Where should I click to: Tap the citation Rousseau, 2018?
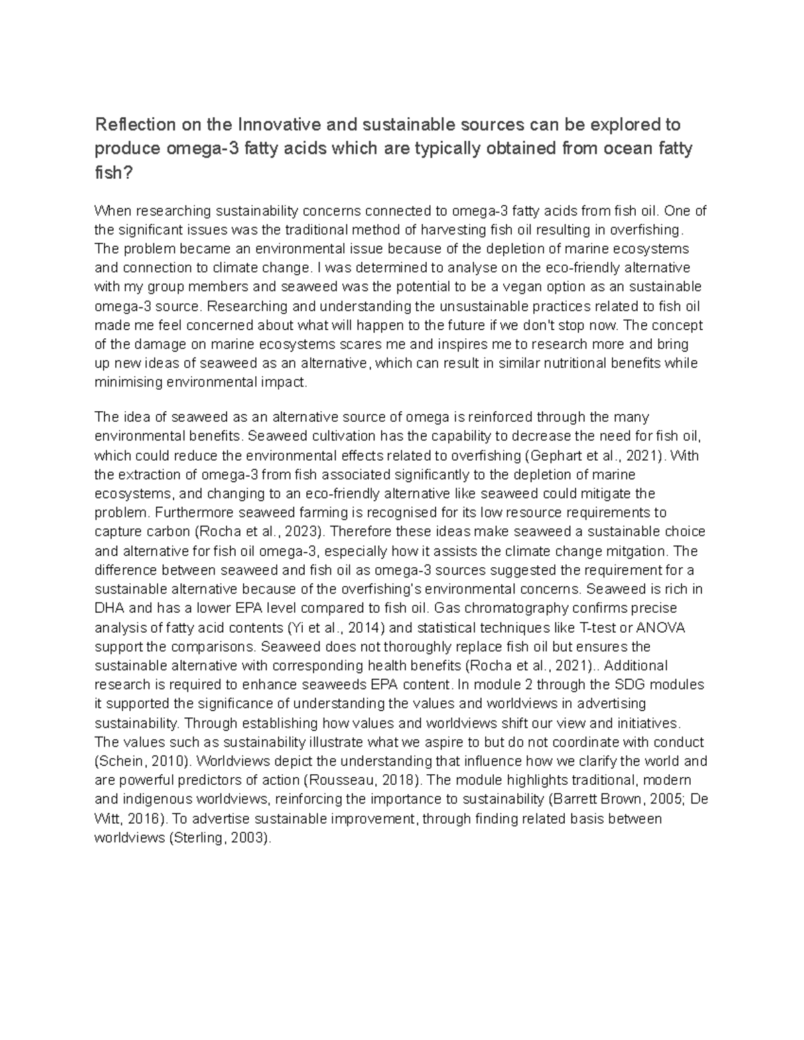click(362, 781)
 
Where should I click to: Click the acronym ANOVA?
click(660, 628)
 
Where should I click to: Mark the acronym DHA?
click(110, 609)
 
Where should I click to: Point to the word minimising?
click(129, 383)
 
